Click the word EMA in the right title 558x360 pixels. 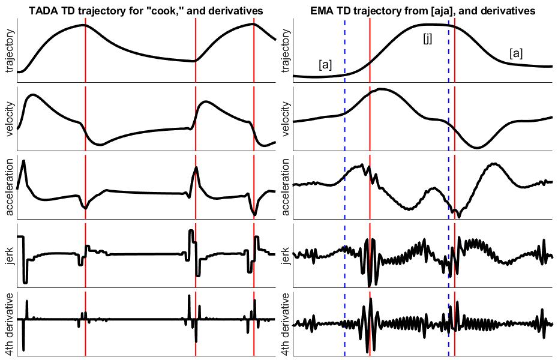click(322, 11)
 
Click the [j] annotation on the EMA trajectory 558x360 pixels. click(427, 39)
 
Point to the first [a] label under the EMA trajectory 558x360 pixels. click(325, 65)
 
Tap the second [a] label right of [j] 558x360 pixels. click(515, 53)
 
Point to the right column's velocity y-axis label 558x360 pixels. click(285, 119)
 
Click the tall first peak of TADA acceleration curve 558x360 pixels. click(23, 161)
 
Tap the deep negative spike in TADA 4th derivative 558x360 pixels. click(23, 349)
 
